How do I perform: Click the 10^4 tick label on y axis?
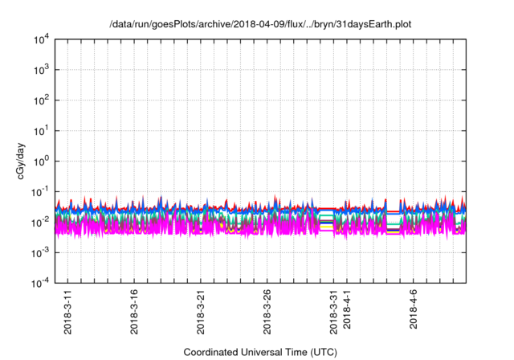coord(40,39)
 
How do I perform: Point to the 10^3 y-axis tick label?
coord(40,70)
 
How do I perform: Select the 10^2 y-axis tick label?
coord(40,100)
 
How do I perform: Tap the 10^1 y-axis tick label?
coord(40,130)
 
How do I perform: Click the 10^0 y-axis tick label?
coord(40,161)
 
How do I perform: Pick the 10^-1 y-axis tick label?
coord(39,191)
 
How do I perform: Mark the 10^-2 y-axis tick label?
coord(39,222)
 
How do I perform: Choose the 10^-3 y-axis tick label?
coord(39,252)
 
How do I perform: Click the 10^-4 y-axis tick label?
coord(39,282)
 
